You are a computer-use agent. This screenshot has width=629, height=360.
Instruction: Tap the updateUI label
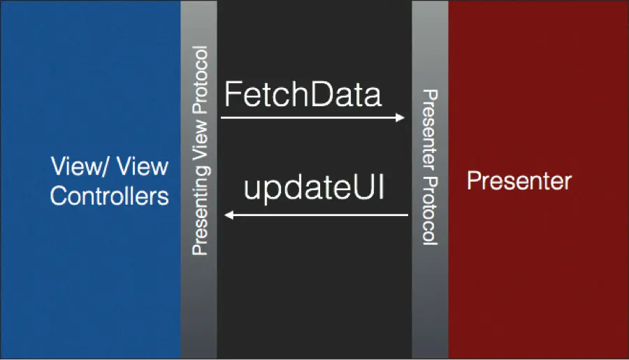coord(314,189)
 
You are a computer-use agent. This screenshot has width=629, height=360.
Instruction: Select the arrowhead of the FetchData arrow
coord(401,117)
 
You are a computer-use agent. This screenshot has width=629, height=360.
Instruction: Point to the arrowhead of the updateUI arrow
coord(227,215)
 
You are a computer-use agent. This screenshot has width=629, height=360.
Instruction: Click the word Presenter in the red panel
coord(519,182)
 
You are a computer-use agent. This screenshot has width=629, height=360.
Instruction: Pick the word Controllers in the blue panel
coord(110,196)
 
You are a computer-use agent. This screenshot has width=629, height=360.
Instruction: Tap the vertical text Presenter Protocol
coord(430,166)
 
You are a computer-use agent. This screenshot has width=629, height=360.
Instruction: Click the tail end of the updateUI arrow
coord(406,215)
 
